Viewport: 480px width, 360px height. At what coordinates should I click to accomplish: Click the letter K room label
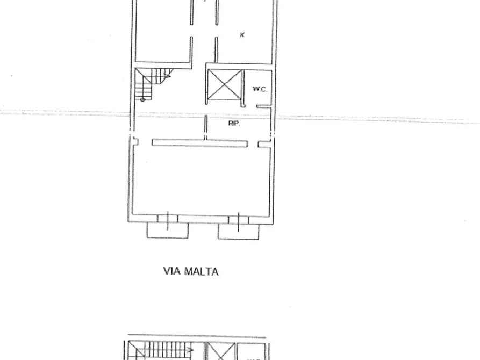242,35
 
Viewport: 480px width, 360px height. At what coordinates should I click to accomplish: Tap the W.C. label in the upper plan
260,89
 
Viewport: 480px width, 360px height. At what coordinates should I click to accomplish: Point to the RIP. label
234,123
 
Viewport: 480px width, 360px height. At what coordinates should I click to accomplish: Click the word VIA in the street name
173,272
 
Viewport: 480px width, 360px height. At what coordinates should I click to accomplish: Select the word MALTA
202,272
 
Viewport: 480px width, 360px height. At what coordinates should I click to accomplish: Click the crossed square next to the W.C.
223,84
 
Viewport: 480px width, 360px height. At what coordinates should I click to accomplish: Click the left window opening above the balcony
168,218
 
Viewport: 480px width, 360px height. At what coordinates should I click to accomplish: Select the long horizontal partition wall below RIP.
199,143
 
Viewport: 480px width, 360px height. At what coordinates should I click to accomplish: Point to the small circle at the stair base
142,99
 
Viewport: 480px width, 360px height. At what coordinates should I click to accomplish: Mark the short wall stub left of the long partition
135,142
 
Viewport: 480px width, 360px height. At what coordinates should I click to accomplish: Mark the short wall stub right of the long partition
263,143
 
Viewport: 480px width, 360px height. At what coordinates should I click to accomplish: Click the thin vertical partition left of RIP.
206,127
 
